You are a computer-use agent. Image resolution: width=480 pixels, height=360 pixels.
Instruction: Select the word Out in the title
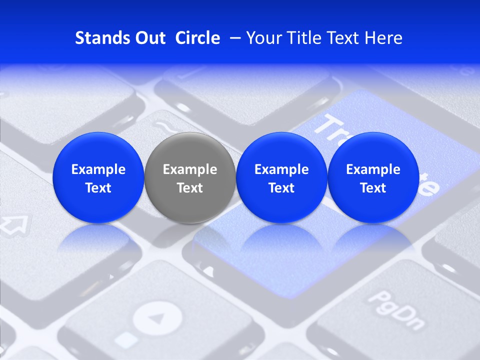click(x=148, y=38)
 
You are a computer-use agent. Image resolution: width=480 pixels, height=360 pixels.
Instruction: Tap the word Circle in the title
click(x=197, y=38)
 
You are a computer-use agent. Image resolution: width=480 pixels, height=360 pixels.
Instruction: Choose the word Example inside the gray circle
click(x=190, y=169)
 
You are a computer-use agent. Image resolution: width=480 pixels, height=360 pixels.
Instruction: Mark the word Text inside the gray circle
click(x=190, y=188)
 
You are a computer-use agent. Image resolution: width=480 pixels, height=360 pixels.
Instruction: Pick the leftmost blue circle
click(x=98, y=177)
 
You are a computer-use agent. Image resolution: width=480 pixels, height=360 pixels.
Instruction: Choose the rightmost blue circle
click(x=373, y=177)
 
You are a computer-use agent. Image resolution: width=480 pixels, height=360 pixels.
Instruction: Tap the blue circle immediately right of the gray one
click(x=281, y=177)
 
